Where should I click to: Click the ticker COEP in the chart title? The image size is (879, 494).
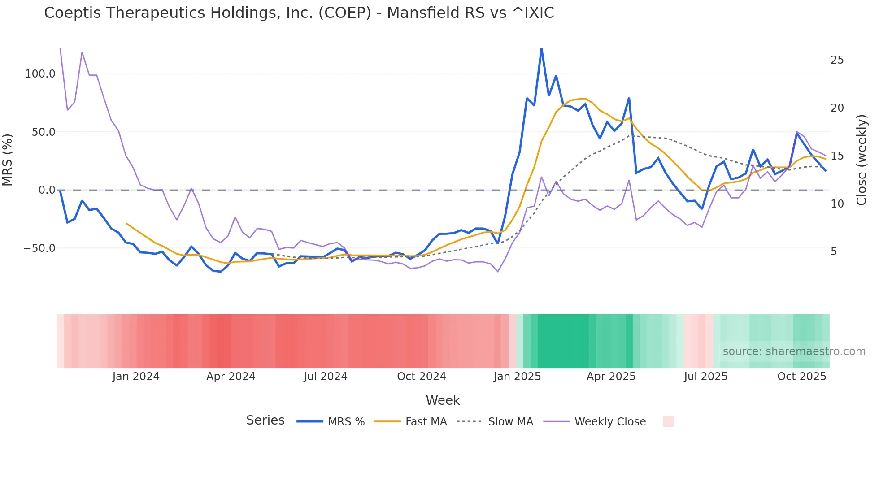pyautogui.click(x=344, y=13)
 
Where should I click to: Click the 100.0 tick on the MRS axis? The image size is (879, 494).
pyautogui.click(x=40, y=74)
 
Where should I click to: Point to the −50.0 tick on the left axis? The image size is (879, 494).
pyautogui.click(x=39, y=248)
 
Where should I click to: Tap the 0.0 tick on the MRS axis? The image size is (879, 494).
pyautogui.click(x=47, y=190)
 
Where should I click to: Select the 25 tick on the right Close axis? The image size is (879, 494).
pyautogui.click(x=837, y=60)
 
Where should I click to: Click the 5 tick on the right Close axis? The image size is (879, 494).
pyautogui.click(x=834, y=251)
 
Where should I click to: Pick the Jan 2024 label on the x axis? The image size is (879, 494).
pyautogui.click(x=135, y=377)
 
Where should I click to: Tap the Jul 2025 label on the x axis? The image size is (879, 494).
pyautogui.click(x=705, y=377)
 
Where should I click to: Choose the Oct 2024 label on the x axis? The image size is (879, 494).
pyautogui.click(x=421, y=377)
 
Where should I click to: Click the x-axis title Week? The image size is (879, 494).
pyautogui.click(x=443, y=400)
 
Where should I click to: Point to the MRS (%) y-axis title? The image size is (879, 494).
pyautogui.click(x=8, y=160)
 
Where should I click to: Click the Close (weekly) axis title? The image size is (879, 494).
pyautogui.click(x=861, y=160)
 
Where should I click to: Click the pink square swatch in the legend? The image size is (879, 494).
pyautogui.click(x=668, y=421)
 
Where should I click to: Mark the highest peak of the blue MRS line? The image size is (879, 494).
pyautogui.click(x=541, y=49)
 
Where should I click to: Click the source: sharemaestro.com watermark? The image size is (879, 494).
pyautogui.click(x=794, y=351)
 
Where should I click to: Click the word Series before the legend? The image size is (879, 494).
pyautogui.click(x=265, y=420)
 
